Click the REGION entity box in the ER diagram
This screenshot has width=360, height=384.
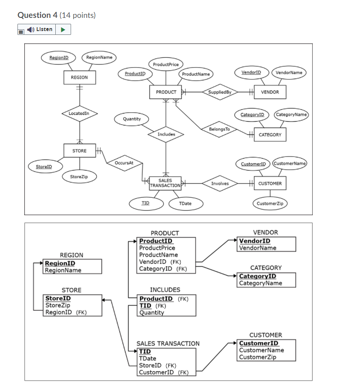click(x=79, y=77)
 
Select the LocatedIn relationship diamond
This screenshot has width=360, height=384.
click(x=79, y=113)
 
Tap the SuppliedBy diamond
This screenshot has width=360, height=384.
click(x=220, y=92)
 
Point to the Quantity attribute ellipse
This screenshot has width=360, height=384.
click(x=131, y=119)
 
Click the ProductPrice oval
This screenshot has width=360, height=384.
click(x=166, y=64)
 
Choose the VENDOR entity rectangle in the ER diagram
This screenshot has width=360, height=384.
click(x=270, y=92)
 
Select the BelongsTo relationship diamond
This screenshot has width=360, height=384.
click(x=220, y=129)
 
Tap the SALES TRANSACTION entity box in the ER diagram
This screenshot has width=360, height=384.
click(x=166, y=183)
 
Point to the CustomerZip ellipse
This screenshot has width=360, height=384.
click(x=270, y=204)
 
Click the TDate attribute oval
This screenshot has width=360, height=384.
click(x=185, y=204)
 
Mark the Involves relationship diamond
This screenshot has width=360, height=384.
click(x=220, y=184)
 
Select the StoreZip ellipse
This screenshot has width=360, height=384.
click(x=79, y=176)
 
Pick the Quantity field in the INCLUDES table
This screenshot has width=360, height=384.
click(x=151, y=313)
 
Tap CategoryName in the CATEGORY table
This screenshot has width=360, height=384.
click(x=260, y=283)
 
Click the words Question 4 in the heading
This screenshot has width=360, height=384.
click(x=37, y=15)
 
